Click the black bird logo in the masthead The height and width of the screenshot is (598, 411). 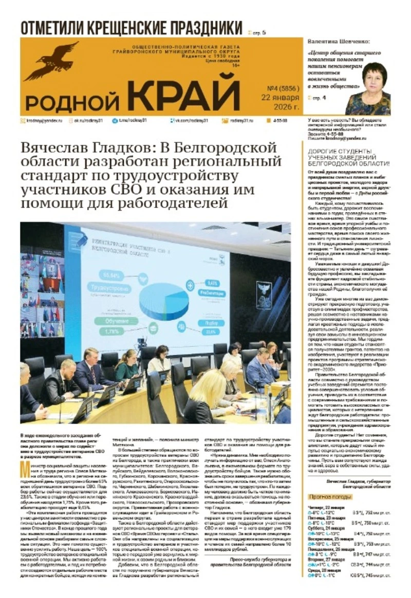pyautogui.click(x=51, y=59)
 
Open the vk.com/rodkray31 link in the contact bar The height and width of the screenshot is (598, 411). pyautogui.click(x=190, y=120)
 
